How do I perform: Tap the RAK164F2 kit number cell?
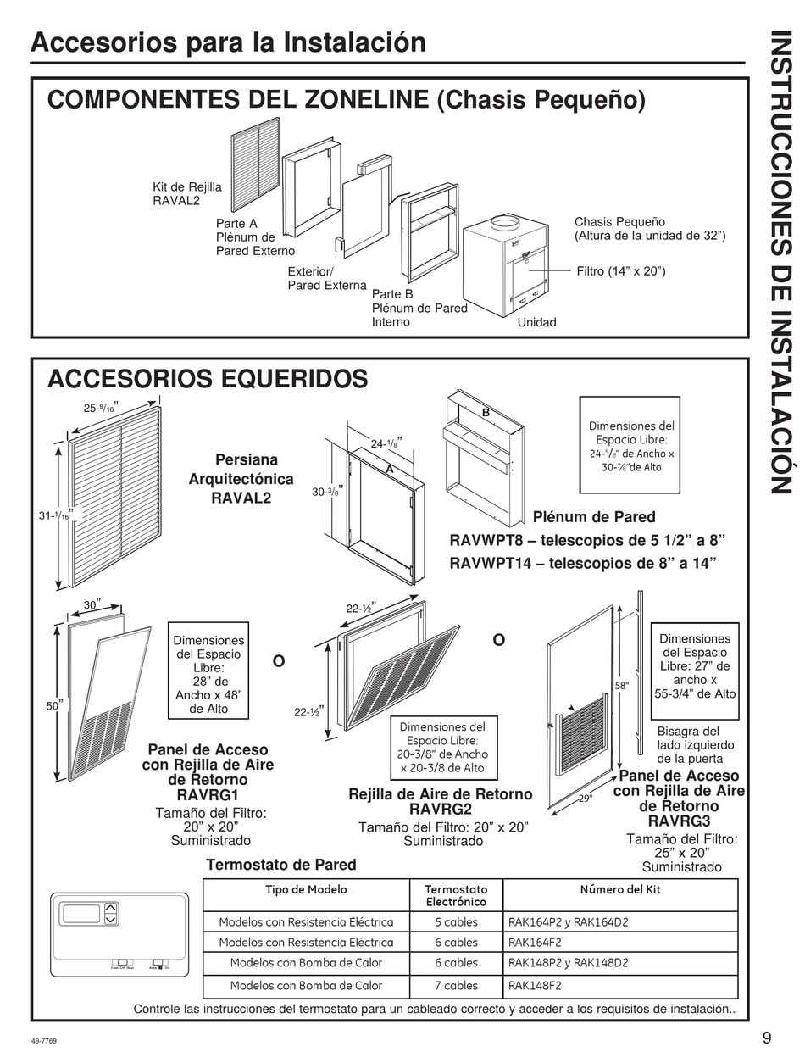pos(535,942)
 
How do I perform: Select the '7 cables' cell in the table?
pos(456,985)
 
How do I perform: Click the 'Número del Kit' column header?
pos(620,889)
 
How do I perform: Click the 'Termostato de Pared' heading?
pos(281,865)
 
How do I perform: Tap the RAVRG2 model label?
pos(440,809)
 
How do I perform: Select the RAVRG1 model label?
pos(208,794)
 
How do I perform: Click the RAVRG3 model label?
pos(679,821)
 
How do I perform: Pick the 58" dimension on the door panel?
pos(622,684)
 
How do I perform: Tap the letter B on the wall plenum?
pos(486,412)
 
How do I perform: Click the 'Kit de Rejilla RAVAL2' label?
pos(186,194)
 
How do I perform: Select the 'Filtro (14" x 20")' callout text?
pos(620,271)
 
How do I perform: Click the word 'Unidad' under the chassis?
pos(536,322)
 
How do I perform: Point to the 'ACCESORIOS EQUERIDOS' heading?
pos(208,378)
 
